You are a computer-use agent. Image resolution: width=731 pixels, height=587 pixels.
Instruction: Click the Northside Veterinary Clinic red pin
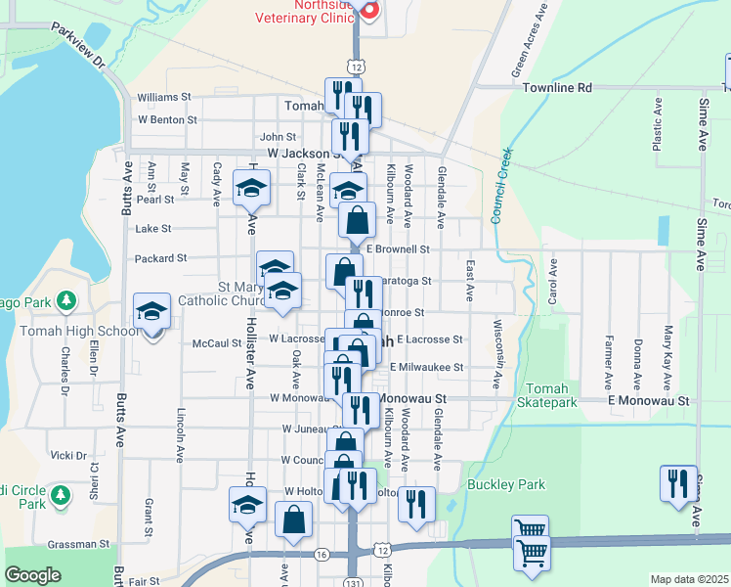(368, 9)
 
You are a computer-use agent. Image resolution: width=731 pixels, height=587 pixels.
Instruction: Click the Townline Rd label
(557, 88)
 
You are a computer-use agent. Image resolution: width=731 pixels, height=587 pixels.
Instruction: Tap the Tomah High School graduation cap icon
(151, 311)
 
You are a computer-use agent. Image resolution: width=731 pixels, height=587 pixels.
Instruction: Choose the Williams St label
(164, 98)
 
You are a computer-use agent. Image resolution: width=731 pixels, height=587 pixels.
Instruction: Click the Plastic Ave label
(658, 126)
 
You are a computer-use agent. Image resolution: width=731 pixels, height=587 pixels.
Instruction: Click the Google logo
(32, 575)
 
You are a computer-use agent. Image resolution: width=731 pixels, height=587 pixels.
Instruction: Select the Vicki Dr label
(68, 456)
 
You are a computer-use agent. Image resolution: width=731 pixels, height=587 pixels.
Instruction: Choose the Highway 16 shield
(322, 554)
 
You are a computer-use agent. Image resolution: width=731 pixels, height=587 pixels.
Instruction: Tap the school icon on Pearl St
(251, 188)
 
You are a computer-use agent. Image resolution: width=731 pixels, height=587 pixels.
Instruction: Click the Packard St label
(161, 258)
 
